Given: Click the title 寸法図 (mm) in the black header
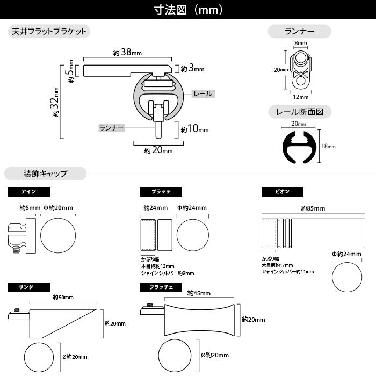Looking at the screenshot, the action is (188, 10).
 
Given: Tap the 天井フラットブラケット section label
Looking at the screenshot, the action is (49, 31).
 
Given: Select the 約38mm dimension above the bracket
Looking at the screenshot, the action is (127, 52).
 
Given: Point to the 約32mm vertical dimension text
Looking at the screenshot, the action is (55, 102).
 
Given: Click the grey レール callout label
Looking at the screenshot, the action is (203, 94).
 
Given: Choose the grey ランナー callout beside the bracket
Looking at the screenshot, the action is (112, 128).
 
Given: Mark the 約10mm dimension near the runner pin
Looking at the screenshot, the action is (194, 129).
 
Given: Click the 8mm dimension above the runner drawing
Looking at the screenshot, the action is (300, 43).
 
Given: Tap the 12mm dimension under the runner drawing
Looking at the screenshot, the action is (301, 97).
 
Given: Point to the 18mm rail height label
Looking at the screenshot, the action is (328, 146).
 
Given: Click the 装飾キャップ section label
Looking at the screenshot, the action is (45, 173).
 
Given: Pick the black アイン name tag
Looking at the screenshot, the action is (29, 192).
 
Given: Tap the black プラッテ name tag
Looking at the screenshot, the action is (161, 192).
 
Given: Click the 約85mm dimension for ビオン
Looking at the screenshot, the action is (313, 208).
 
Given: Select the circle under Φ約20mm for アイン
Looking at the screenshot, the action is (58, 235).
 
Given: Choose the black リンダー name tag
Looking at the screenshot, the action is (29, 287).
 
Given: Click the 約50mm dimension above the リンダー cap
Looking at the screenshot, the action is (63, 298).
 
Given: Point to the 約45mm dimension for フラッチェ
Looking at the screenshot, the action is (199, 293).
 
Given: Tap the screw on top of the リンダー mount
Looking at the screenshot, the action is (17, 310).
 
